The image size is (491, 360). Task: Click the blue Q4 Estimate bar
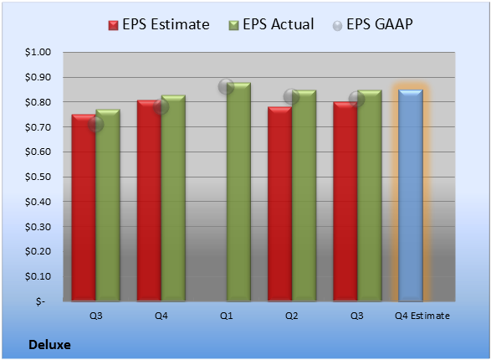tap(411, 195)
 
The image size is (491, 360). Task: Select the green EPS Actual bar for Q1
tap(238, 192)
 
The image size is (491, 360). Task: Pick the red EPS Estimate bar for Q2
tap(279, 204)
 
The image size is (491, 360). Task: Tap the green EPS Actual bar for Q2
tap(304, 196)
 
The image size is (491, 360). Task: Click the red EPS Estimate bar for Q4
tap(149, 201)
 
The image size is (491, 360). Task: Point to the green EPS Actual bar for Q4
tap(173, 198)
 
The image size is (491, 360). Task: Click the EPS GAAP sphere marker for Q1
tap(226, 86)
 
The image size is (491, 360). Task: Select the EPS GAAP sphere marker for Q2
tap(291, 96)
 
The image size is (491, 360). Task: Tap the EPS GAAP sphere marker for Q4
tap(161, 107)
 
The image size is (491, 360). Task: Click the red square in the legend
tap(114, 25)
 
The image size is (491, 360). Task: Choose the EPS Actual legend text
tap(278, 24)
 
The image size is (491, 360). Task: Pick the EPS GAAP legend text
tap(380, 24)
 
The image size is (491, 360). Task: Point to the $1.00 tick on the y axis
tap(38, 52)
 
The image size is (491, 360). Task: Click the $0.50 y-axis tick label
tap(38, 177)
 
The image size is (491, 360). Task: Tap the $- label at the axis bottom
tap(40, 301)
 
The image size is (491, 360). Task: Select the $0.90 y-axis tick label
tap(38, 77)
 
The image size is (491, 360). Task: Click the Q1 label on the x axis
tap(226, 316)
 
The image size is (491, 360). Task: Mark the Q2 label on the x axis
tap(291, 316)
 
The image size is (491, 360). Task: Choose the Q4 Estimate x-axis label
tap(422, 316)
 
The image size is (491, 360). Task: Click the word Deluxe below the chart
tap(49, 345)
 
